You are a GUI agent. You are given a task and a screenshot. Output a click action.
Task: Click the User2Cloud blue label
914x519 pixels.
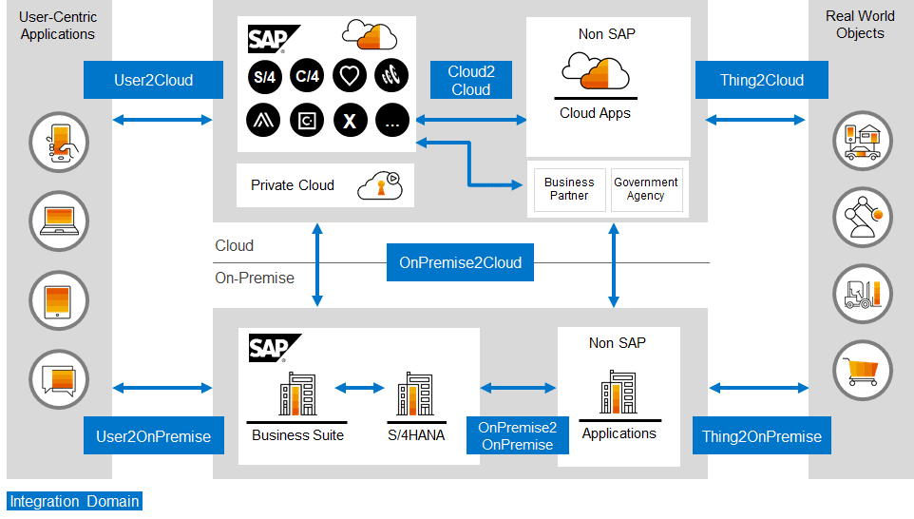pyautogui.click(x=153, y=80)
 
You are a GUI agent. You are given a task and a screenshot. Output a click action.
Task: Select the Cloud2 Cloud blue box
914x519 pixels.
pyautogui.click(x=470, y=80)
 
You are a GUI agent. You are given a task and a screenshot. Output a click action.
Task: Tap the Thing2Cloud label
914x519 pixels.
pyautogui.click(x=761, y=80)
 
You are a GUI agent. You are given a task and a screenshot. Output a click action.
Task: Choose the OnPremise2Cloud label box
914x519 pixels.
pyautogui.click(x=460, y=262)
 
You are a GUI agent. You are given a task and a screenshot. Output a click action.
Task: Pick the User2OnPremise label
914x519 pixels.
pyautogui.click(x=153, y=436)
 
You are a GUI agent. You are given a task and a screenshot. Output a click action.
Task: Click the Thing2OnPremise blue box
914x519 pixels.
pyautogui.click(x=761, y=436)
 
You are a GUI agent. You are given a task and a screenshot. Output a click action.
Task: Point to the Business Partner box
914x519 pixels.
pyautogui.click(x=569, y=188)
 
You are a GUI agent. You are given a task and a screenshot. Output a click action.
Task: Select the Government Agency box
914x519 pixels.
pyautogui.click(x=646, y=188)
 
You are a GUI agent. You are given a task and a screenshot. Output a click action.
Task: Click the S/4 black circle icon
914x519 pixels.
pyautogui.click(x=263, y=76)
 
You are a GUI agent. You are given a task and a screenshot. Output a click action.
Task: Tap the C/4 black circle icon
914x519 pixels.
pyautogui.click(x=307, y=76)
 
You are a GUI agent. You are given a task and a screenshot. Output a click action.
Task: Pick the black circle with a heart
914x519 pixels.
pyautogui.click(x=351, y=76)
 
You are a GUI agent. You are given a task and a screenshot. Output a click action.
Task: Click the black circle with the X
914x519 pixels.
pyautogui.click(x=351, y=120)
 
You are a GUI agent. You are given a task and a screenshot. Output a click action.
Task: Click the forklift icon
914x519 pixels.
pyautogui.click(x=863, y=293)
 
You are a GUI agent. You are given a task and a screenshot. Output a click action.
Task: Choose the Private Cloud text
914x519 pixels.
pyautogui.click(x=293, y=185)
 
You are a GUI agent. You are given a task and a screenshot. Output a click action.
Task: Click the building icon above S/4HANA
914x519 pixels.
pyautogui.click(x=415, y=394)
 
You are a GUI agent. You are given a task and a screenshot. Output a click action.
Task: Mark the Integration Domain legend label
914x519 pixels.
pyautogui.click(x=74, y=501)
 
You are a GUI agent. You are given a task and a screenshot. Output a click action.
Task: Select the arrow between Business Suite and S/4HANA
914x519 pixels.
pyautogui.click(x=359, y=388)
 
